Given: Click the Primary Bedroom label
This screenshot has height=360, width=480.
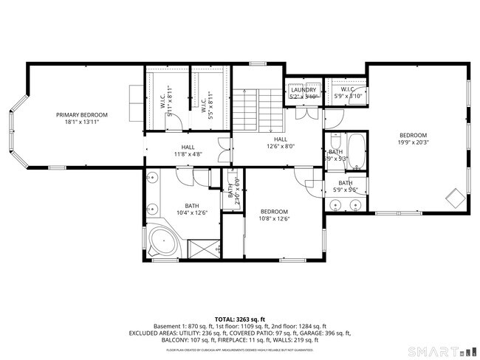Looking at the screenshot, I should (82, 114).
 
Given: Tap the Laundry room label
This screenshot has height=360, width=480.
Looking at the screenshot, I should (303, 90).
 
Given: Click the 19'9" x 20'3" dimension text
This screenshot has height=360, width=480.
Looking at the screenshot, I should (413, 144).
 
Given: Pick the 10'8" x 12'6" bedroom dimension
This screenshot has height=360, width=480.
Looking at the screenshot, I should (273, 218).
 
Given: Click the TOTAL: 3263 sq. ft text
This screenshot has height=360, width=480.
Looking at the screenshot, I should (240, 319).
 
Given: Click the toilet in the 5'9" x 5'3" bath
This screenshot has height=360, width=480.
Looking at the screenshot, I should (336, 140).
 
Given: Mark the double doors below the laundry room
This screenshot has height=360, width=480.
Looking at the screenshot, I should (302, 115).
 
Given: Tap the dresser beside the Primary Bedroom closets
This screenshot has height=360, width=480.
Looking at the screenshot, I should (135, 104).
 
